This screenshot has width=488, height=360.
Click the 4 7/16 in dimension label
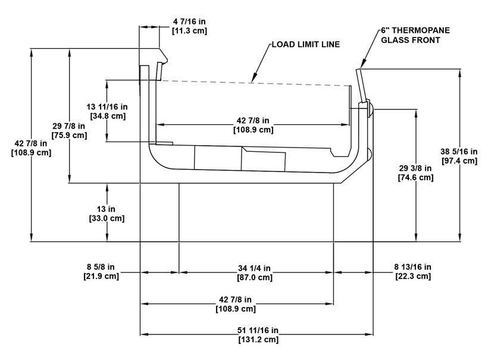pyautogui.click(x=189, y=21)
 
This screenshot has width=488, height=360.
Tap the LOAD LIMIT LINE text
pyautogui.click(x=306, y=45)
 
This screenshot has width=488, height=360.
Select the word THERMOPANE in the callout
pyautogui.click(x=421, y=30)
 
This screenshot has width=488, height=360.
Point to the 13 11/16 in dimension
pyautogui.click(x=107, y=107)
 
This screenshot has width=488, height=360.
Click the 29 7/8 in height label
pyautogui.click(x=69, y=126)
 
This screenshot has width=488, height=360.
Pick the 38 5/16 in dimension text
pyautogui.click(x=459, y=152)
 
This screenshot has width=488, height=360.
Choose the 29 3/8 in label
pyautogui.click(x=415, y=168)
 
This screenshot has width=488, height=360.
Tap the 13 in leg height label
pyautogui.click(x=106, y=209)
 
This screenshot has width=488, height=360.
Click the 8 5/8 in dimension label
pyautogui.click(x=101, y=267)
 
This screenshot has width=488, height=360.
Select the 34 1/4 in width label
pyautogui.click(x=254, y=268)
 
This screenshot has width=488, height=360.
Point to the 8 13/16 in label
pyautogui.click(x=412, y=267)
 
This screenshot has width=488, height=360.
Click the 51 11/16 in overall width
pyautogui.click(x=258, y=330)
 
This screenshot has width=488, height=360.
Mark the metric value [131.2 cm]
pyautogui.click(x=258, y=339)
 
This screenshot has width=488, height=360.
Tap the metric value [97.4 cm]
pyautogui.click(x=459, y=161)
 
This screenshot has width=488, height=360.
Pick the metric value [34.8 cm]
pyautogui.click(x=108, y=116)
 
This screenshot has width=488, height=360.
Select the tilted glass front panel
pyautogui.click(x=361, y=86)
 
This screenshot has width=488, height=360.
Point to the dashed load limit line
pyautogui.click(x=255, y=83)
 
